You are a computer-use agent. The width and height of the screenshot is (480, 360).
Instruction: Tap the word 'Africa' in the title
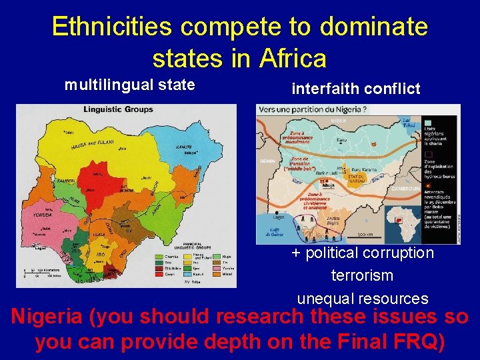(x=289, y=59)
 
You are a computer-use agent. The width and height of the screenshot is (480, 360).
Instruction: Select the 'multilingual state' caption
(x=129, y=85)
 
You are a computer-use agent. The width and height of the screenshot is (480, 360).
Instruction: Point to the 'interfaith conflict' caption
(x=356, y=89)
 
